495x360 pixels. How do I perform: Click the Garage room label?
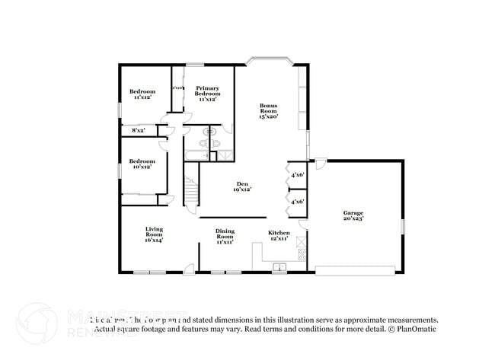click(353, 215)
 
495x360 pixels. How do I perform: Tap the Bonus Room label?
click(268, 111)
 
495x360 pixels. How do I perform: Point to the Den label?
click(242, 186)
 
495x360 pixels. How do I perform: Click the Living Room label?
click(155, 234)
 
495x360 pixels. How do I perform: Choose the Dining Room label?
click(225, 234)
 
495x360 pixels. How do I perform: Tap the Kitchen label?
click(278, 235)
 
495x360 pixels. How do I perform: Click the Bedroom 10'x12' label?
click(142, 164)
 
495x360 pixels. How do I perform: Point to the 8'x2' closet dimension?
click(139, 131)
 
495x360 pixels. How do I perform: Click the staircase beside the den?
click(190, 190)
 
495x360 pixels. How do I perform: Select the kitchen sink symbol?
click(279, 266)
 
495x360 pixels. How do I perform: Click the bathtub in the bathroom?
click(196, 155)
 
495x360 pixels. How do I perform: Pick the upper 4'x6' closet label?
click(298, 175)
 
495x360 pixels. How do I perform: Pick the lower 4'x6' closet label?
click(298, 202)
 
